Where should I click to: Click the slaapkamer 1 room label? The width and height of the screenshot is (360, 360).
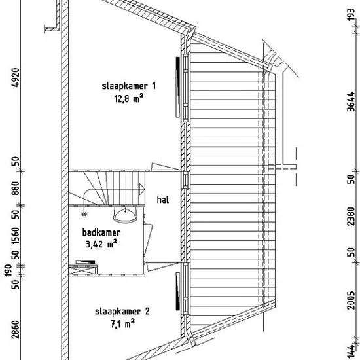(x=129, y=86)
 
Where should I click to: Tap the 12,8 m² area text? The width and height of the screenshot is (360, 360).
(x=128, y=99)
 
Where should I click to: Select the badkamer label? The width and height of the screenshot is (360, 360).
(x=101, y=232)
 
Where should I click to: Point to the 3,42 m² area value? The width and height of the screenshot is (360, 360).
(x=101, y=244)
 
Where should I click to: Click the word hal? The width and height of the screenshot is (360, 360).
(x=163, y=200)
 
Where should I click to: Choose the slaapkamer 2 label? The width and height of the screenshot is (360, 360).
(x=122, y=312)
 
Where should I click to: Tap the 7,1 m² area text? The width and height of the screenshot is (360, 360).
(x=122, y=324)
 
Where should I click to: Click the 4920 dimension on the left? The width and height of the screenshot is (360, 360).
(x=16, y=77)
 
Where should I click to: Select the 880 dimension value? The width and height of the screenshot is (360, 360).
(x=16, y=189)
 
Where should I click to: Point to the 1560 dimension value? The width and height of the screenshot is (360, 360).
(x=16, y=236)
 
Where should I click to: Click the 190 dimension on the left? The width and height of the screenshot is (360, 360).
(x=9, y=271)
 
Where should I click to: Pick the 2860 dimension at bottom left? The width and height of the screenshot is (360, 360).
(x=16, y=329)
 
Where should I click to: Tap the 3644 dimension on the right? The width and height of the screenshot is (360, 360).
(x=351, y=101)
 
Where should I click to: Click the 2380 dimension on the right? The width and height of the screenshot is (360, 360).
(x=351, y=217)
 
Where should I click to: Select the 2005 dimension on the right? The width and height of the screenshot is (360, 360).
(x=351, y=300)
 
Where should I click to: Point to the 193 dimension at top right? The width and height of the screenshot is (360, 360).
(x=351, y=14)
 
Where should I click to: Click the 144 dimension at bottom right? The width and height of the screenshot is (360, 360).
(x=351, y=351)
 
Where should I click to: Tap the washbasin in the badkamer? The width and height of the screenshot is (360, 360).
(x=126, y=215)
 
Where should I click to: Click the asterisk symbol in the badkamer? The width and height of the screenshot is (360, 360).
(x=84, y=215)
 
